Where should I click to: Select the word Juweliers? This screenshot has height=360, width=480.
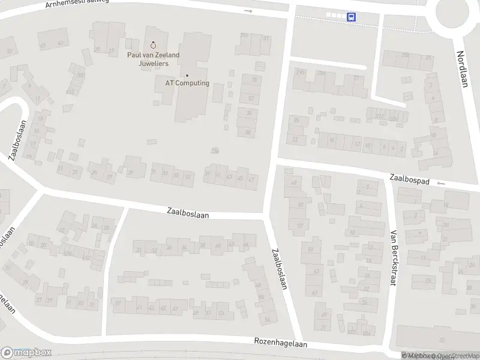pyautogui.click(x=153, y=63)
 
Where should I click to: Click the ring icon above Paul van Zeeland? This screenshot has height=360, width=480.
pyautogui.click(x=153, y=44)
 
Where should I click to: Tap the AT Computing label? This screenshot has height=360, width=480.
pyautogui.click(x=187, y=83)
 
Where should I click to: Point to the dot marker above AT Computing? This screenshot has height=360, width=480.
pyautogui.click(x=187, y=76)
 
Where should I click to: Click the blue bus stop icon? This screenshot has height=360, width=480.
pyautogui.click(x=351, y=17)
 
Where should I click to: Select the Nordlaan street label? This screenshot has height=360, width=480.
pyautogui.click(x=461, y=68)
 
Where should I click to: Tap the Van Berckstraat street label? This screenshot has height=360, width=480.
pyautogui.click(x=394, y=258)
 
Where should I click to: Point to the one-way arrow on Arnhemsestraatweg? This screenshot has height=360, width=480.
pyautogui.click(x=248, y=11)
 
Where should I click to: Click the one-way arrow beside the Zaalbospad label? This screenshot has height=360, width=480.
pyautogui.click(x=442, y=183)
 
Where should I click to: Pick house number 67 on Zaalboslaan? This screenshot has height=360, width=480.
pyautogui.click(x=314, y=293)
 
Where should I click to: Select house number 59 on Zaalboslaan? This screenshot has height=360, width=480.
pyautogui.click(x=311, y=249)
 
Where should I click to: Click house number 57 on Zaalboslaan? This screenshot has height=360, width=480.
pyautogui.click(x=300, y=226)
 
